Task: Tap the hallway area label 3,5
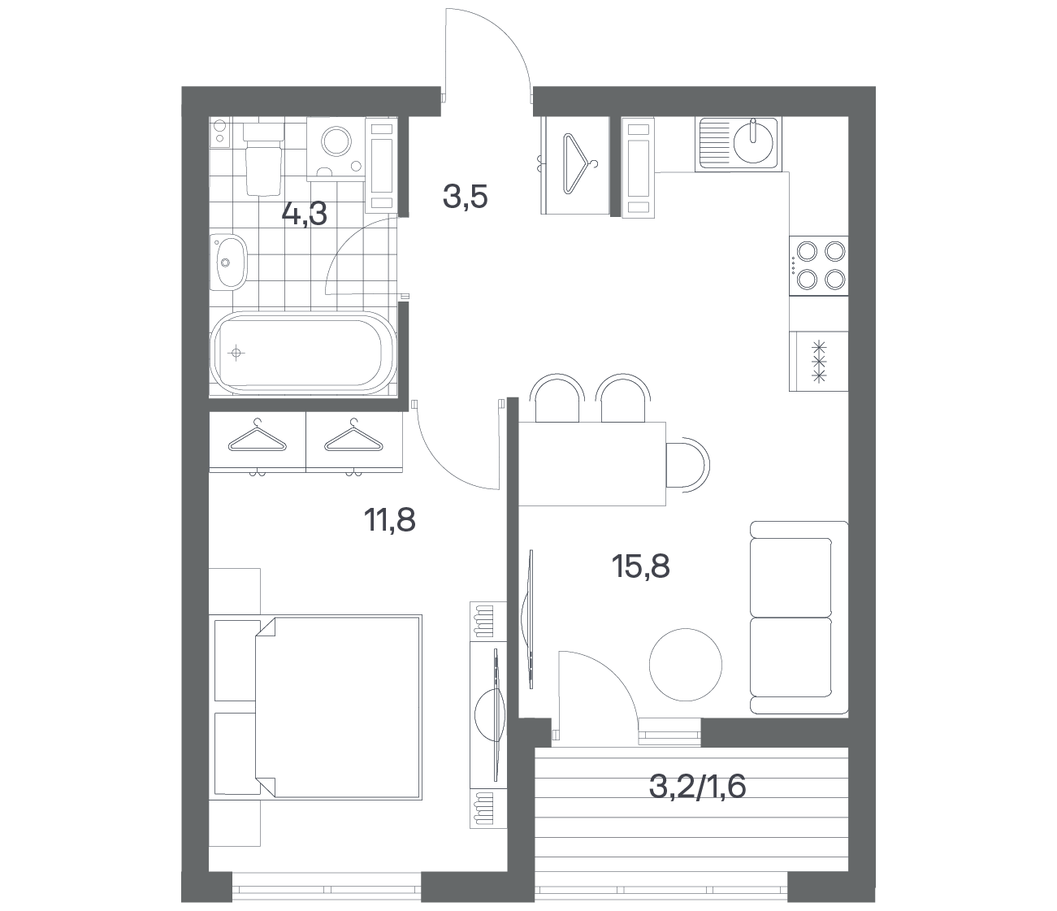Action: tap(466, 197)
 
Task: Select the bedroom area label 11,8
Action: tap(390, 520)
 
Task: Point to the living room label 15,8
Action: tap(641, 566)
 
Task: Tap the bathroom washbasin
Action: tap(228, 262)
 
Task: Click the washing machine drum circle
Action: tap(336, 141)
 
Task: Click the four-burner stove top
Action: tap(818, 266)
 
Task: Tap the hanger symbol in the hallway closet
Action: tap(578, 163)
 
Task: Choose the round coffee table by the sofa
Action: tap(685, 665)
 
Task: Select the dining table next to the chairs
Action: tap(592, 464)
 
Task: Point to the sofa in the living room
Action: tap(799, 618)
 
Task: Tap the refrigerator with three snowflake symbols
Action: tap(818, 362)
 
